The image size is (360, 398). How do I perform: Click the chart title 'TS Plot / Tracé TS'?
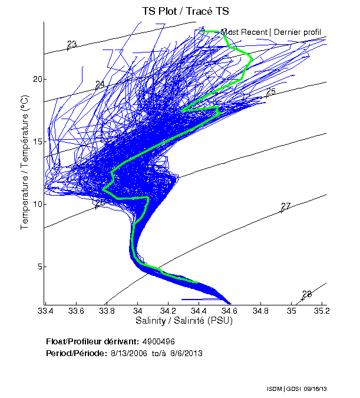(185, 11)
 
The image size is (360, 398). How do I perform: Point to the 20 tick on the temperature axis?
(38, 79)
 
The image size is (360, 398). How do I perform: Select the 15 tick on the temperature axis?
(38, 142)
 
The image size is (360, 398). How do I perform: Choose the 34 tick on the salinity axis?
(137, 311)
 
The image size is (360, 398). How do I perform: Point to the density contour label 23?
(72, 44)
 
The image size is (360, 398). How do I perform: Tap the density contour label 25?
(271, 91)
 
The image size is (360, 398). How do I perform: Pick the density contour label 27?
(286, 206)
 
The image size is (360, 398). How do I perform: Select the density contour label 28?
(307, 294)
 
